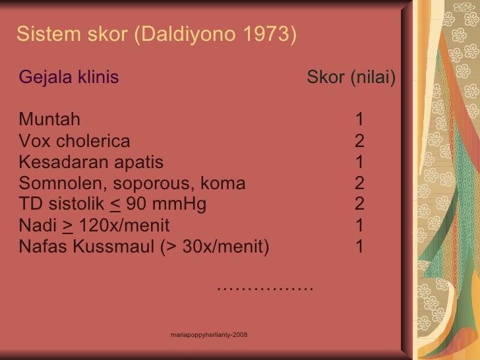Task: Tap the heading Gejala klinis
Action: [69, 78]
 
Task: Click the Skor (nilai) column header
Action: [351, 78]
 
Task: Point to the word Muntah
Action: [50, 120]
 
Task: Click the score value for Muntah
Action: [359, 120]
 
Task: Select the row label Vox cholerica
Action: [75, 141]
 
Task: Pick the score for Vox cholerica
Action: [359, 141]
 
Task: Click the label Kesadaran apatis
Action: [91, 162]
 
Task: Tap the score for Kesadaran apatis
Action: [359, 162]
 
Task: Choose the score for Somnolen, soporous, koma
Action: [359, 183]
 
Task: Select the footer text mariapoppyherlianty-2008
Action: [208, 336]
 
